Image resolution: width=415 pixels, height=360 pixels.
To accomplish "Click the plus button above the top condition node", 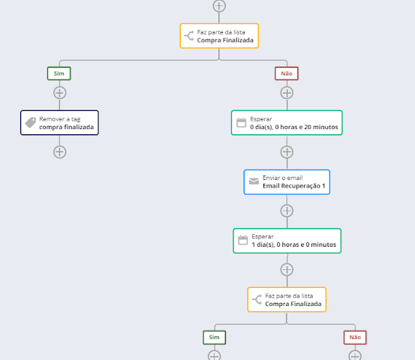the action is (x=219, y=6).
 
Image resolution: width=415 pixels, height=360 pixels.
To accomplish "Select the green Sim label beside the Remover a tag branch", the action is (x=59, y=73).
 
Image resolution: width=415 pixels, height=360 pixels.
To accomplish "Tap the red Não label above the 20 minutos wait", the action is (x=287, y=73).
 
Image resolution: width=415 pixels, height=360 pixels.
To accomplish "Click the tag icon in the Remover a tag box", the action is (x=31, y=123).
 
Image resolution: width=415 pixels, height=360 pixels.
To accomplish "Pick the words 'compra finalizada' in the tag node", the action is (x=67, y=127).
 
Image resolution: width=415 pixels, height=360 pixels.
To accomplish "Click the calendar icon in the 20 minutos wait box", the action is (x=241, y=123).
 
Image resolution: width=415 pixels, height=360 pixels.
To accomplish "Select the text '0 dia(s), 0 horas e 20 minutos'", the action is (x=294, y=127).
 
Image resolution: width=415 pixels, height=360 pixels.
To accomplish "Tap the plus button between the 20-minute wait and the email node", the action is (x=287, y=151).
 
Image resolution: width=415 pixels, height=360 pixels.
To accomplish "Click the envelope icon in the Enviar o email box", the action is (x=254, y=181).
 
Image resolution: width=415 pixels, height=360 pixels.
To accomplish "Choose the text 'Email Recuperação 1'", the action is (x=293, y=186).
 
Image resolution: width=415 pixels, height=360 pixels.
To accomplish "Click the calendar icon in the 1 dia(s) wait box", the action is (x=242, y=240).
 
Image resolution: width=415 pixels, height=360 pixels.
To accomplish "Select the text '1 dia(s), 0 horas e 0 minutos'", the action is (x=293, y=244).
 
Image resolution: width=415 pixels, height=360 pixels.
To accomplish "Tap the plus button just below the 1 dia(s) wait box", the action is (x=287, y=270).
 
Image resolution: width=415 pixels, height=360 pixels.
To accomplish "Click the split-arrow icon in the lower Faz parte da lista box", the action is (x=257, y=299).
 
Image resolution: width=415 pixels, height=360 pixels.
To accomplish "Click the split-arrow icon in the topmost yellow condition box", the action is (x=189, y=36).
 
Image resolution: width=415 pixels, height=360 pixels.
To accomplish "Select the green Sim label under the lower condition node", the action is (x=215, y=337).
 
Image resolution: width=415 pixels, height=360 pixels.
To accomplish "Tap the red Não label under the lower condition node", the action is (x=355, y=337).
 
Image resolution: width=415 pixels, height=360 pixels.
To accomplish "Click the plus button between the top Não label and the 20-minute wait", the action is (x=287, y=93).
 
